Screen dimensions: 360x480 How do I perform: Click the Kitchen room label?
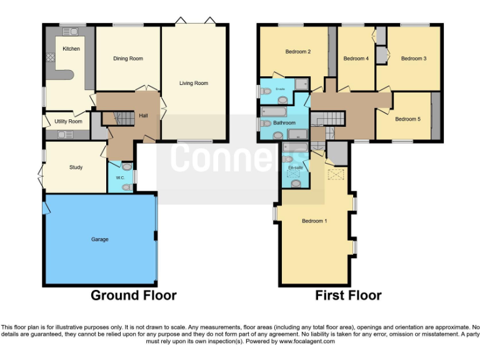click(71, 49)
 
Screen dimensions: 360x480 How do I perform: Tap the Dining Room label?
click(128, 59)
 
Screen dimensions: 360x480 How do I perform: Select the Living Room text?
click(193, 83)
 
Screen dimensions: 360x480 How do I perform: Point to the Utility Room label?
click(68, 121)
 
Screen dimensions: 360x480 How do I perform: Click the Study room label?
click(76, 167)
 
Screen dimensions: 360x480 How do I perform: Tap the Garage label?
click(99, 239)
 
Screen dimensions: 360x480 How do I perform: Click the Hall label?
click(143, 116)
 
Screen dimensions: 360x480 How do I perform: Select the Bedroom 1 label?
click(314, 221)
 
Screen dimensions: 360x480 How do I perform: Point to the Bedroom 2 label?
click(298, 52)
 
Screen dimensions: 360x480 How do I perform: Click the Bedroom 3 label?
click(413, 59)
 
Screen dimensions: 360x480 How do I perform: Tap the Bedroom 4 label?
click(356, 59)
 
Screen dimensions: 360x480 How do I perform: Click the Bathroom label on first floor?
click(284, 123)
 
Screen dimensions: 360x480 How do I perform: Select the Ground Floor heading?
click(134, 295)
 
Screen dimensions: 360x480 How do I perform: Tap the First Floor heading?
click(348, 295)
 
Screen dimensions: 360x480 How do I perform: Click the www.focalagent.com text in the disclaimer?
click(307, 342)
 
